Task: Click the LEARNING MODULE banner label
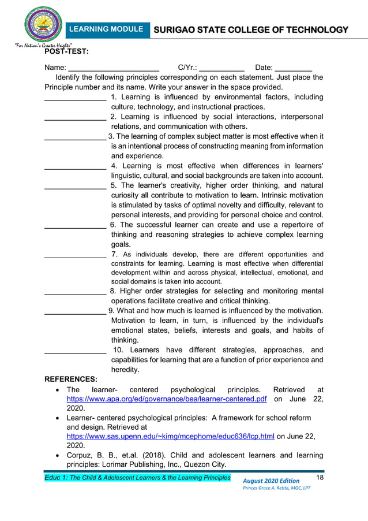(x=106, y=29)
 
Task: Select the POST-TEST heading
(x=66, y=52)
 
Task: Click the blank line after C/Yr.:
(x=222, y=69)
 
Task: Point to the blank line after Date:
(x=294, y=69)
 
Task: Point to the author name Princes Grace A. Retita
(x=276, y=489)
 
